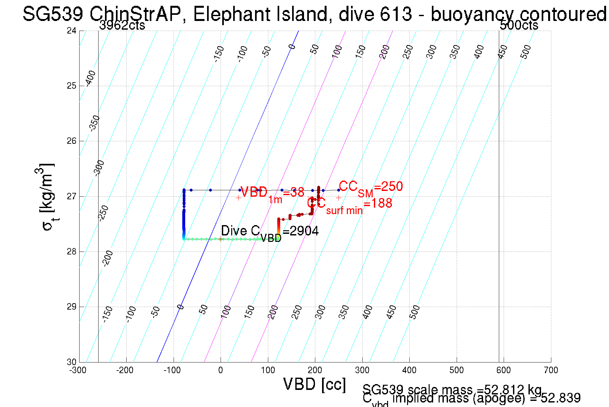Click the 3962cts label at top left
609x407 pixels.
pos(122,25)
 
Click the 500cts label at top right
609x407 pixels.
pos(519,25)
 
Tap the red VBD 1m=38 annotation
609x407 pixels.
pos(272,193)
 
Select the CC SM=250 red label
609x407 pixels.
pos(371,187)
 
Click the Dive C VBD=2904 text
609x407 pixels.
pos(270,232)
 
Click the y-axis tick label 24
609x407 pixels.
pos(71,31)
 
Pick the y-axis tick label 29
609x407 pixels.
pos(71,307)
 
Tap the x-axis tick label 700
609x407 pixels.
pos(551,370)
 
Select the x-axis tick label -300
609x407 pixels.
pos(78,370)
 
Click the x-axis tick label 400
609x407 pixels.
pos(409,370)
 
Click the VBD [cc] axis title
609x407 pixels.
pos(315,384)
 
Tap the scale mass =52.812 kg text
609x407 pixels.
pos(452,390)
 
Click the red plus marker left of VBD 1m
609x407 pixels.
pos(238,198)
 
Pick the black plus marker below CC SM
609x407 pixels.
pos(338,198)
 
